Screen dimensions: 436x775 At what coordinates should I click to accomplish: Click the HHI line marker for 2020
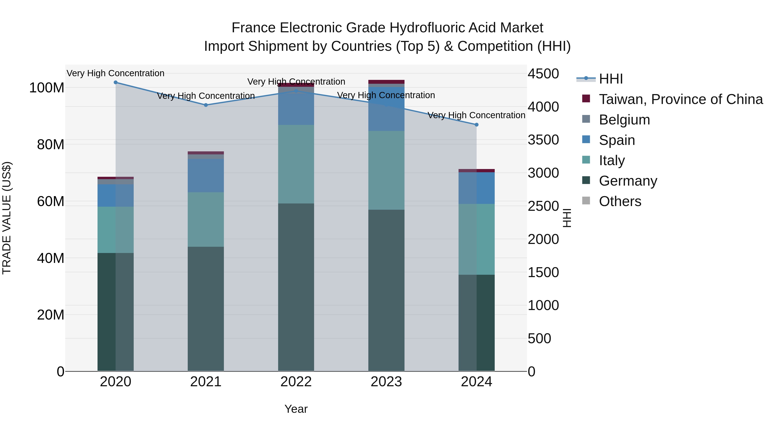[x=116, y=82]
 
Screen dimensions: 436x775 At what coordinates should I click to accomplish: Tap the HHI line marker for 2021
[x=206, y=105]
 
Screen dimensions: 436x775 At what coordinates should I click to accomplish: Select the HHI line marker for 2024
[x=477, y=125]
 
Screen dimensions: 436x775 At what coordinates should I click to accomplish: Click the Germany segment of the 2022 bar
[x=296, y=287]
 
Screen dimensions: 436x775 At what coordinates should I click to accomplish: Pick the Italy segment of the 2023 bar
[x=386, y=170]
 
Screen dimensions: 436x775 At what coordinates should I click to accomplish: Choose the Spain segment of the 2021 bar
[x=206, y=175]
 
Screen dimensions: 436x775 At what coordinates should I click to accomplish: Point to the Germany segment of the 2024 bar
[x=477, y=323]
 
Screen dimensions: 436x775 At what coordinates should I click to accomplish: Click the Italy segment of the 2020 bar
[x=116, y=230]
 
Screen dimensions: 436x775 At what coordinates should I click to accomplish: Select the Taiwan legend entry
[x=680, y=99]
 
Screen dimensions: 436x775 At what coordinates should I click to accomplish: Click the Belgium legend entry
[x=624, y=120]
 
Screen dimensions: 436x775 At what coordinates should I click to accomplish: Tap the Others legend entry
[x=620, y=201]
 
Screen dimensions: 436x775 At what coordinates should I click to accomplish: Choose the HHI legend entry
[x=611, y=79]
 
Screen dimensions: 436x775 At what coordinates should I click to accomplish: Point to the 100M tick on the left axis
[x=47, y=88]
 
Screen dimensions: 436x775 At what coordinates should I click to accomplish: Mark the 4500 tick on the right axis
[x=543, y=74]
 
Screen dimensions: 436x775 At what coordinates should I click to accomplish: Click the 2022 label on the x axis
[x=296, y=382]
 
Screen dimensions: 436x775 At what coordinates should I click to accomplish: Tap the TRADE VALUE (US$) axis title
[x=7, y=218]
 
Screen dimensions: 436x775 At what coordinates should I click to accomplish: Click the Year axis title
[x=296, y=409]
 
